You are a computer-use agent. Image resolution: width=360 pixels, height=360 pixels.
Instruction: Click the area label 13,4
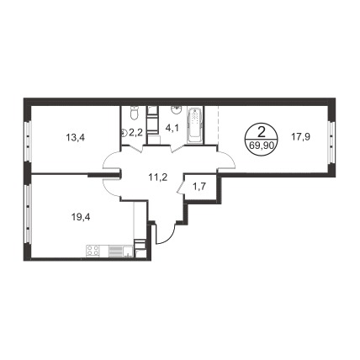76,137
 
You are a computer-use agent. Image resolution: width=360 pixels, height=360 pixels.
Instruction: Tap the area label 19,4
81,217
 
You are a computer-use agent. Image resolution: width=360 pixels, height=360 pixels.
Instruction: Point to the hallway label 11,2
158,177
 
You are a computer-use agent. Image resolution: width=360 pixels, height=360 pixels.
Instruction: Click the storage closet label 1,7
200,187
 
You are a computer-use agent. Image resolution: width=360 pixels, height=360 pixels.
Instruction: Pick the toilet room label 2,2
135,133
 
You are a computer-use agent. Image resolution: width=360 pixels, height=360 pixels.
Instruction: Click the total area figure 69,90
261,146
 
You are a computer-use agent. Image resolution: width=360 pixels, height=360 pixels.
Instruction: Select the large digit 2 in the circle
261,132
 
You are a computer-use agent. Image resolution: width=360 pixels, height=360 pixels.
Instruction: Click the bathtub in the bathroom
194,125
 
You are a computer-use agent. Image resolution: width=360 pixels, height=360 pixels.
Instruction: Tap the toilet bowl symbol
134,114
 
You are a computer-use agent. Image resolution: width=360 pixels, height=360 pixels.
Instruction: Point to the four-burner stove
93,250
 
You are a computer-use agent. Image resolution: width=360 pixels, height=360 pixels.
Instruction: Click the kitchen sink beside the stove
128,251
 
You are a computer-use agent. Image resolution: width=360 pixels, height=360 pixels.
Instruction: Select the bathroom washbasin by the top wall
176,110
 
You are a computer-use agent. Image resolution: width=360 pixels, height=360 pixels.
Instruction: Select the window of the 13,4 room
28,141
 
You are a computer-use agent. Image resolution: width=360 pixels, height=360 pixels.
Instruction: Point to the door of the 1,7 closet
181,188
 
